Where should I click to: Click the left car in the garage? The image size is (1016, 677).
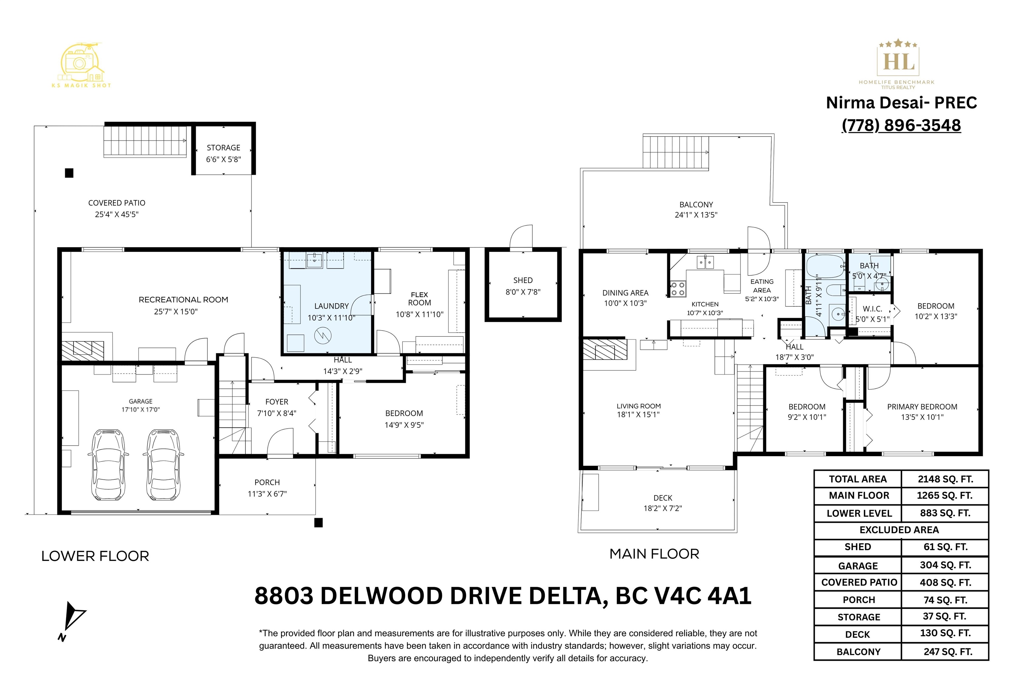[x=108, y=464]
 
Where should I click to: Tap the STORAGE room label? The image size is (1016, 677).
[x=223, y=148]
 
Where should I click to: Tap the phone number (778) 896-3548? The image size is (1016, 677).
[x=901, y=125]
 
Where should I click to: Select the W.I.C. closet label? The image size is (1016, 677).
[x=872, y=309]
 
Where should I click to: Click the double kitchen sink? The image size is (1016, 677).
[x=705, y=262]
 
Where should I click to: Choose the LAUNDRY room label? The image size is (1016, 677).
[x=331, y=306]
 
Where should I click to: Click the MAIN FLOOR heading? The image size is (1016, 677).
[x=654, y=554]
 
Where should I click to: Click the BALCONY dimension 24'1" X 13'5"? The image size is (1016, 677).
[x=696, y=215]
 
